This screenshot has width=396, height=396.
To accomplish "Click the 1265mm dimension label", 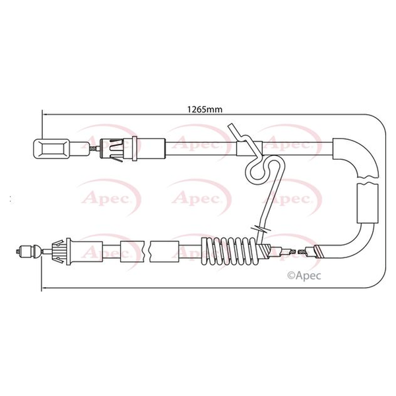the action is pos(205,110).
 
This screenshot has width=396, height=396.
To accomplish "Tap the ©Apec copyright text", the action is pos(304,275).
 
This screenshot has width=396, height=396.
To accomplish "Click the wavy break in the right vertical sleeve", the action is pos(368,179).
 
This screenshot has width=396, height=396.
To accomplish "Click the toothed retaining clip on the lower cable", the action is pos(58,251).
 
